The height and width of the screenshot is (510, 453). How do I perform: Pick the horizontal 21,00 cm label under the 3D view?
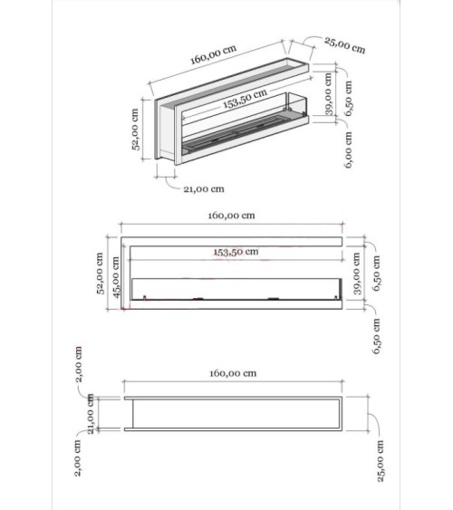point(203,189)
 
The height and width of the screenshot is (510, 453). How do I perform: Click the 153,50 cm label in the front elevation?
point(236,253)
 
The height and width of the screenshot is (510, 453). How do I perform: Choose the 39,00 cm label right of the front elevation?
point(358,275)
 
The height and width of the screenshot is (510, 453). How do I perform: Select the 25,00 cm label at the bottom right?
point(381,461)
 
